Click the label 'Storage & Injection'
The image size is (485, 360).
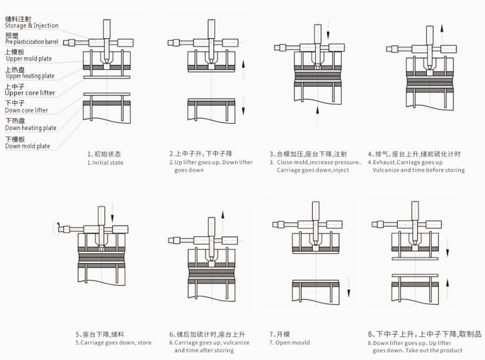32,25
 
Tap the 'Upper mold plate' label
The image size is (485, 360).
28,59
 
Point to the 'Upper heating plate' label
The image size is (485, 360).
30,76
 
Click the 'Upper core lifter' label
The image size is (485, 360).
28,93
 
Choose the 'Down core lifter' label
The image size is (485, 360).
27,110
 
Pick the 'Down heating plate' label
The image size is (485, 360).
30,128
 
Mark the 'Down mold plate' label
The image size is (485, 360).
28,146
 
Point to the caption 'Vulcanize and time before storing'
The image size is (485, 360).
418,170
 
